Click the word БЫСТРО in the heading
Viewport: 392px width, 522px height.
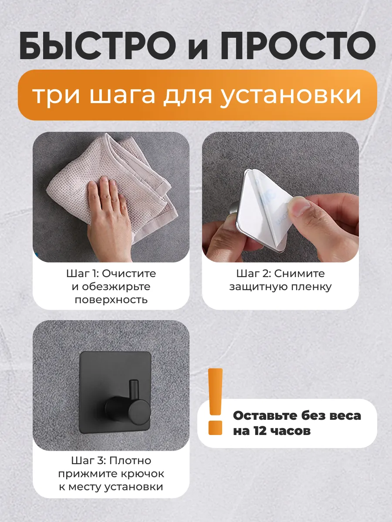pos(98,45)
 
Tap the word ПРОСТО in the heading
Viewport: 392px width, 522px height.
pos(298,45)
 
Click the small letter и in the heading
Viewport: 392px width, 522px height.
pos(198,49)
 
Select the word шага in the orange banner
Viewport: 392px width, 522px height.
pos(122,96)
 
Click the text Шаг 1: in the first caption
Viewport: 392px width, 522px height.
pos(82,274)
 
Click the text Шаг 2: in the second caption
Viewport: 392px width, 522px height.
pos(254,274)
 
